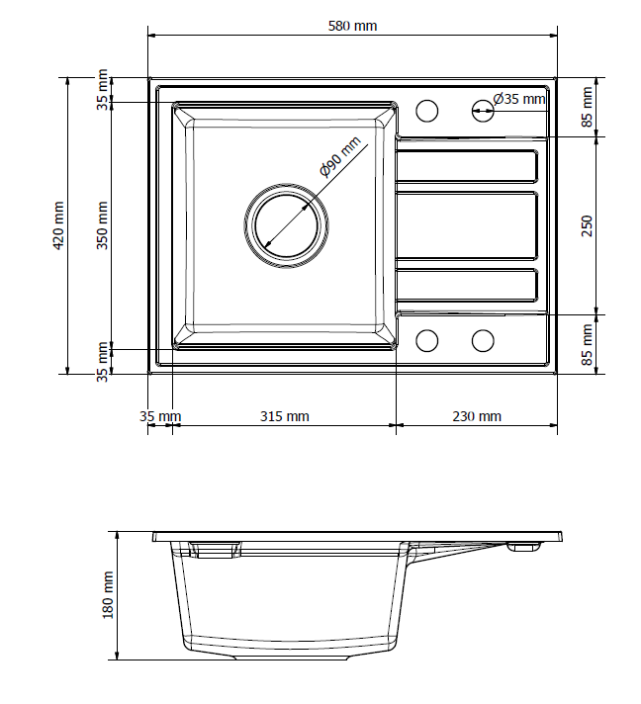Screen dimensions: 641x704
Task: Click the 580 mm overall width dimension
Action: coord(352,26)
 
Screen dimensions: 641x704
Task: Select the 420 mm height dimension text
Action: coord(58,225)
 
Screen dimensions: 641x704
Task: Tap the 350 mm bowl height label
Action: coord(103,225)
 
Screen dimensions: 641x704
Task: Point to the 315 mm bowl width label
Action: coord(284,416)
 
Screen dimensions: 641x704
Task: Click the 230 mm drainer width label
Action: coord(477,416)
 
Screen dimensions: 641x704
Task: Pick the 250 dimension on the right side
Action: coord(587,226)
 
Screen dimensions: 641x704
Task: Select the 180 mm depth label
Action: coord(108,595)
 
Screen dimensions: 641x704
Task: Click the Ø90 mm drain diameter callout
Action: coord(340,156)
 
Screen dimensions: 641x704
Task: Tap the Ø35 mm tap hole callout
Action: coord(519,99)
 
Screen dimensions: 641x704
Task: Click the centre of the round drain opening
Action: coord(287,225)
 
